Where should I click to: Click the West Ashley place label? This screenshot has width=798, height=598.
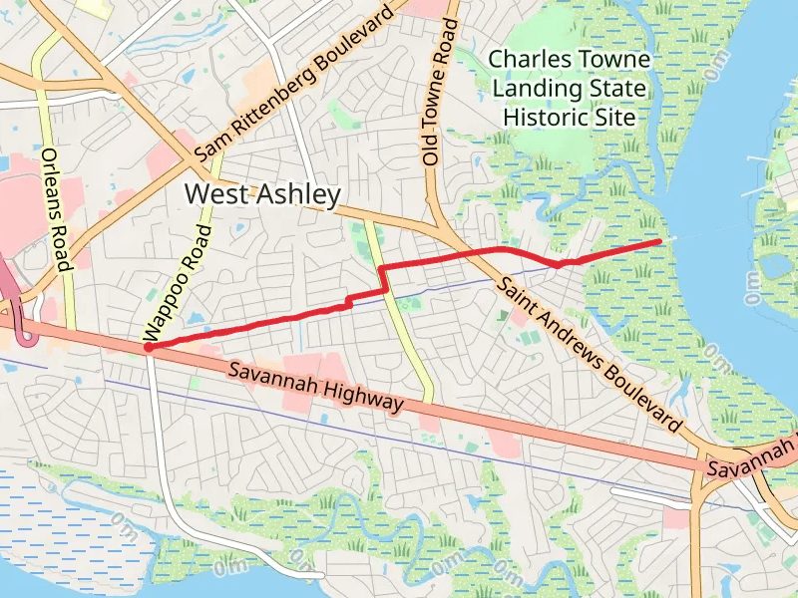[x=263, y=194]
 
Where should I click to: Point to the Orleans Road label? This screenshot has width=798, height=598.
[x=54, y=209]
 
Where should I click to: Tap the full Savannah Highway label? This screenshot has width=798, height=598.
[x=315, y=387]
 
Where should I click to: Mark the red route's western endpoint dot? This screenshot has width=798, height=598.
[x=148, y=348]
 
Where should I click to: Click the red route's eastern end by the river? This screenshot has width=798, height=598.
[x=658, y=241]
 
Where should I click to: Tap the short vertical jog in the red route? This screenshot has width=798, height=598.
[x=382, y=279]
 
